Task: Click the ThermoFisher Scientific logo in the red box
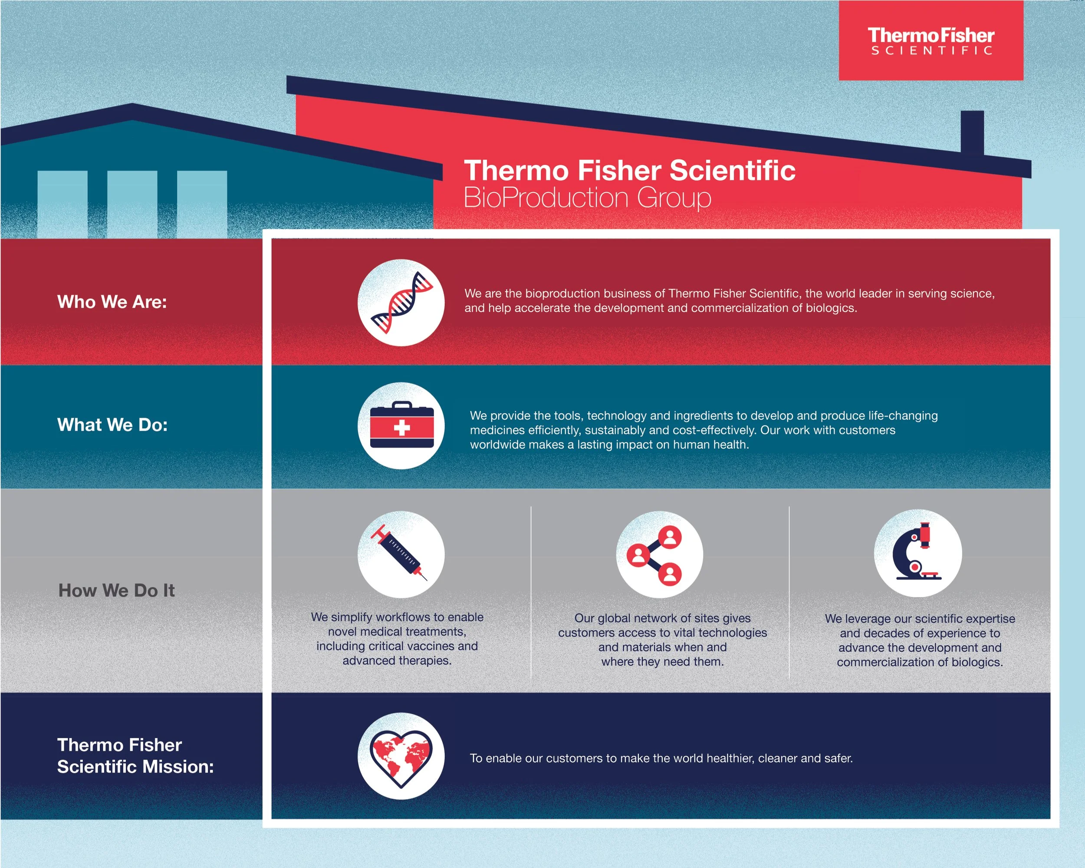point(930,41)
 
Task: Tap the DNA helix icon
point(401,303)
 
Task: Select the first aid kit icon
point(401,426)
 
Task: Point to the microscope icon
point(917,553)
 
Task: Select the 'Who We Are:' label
point(112,302)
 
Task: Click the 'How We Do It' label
point(116,590)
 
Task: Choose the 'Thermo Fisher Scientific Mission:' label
point(135,755)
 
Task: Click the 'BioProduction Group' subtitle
point(587,198)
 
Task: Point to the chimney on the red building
point(972,132)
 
